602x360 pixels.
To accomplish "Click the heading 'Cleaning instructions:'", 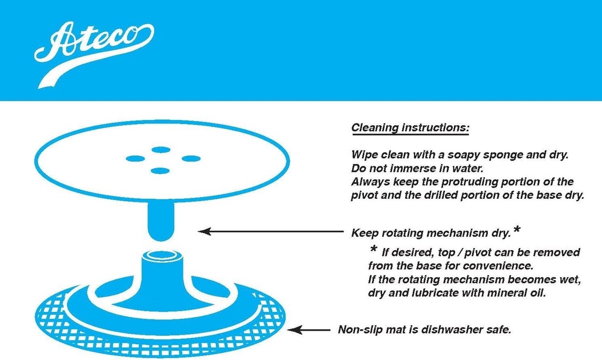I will point(410,128).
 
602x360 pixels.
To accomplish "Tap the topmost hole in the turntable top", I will point(160,149).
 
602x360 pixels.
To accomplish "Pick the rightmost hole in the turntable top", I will point(191,158).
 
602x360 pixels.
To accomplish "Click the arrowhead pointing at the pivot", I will point(204,232).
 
